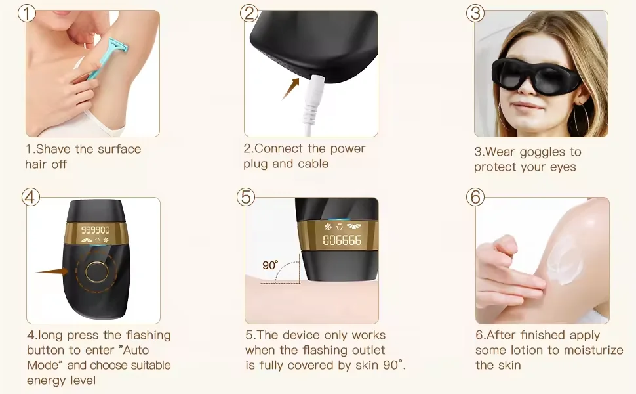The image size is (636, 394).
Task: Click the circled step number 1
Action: coord(26,13)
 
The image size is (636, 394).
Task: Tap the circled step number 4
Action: coord(31,197)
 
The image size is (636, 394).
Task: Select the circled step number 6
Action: coord(476,196)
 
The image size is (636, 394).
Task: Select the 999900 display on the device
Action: coord(94,230)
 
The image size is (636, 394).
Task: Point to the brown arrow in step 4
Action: coord(52,271)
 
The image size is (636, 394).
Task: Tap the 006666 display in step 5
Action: coord(342,240)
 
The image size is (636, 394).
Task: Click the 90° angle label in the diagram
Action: coord(270,265)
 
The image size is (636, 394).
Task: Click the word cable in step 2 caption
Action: coord(313,164)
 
